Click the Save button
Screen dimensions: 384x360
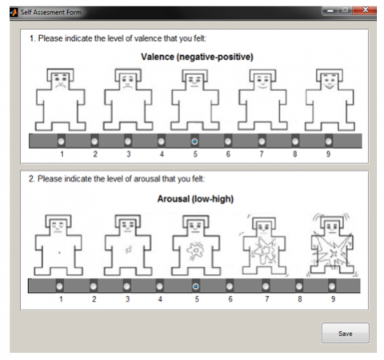[x=346, y=333]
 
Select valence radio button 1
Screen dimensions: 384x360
[x=62, y=142]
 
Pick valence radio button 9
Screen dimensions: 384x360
[x=328, y=142]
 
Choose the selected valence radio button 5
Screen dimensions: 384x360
[x=194, y=142]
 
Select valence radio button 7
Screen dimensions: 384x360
[x=262, y=142]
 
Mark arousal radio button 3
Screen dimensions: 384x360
[x=127, y=286]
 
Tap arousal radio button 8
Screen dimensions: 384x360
[x=299, y=286]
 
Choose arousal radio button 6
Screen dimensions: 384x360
[x=230, y=286]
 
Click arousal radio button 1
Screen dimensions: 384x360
[x=59, y=286]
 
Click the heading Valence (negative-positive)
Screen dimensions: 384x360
[x=197, y=57]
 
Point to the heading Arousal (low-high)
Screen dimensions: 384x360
[x=195, y=199]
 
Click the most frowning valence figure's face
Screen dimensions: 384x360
[x=61, y=81]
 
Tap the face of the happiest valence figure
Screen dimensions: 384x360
[x=330, y=82]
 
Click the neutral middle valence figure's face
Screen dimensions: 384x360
[x=195, y=82]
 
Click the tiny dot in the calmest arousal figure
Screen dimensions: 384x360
[x=59, y=253]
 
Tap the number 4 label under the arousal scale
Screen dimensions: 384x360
[x=160, y=299]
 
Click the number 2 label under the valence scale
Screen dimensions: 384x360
[x=95, y=154]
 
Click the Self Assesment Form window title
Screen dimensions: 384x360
[x=51, y=12]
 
